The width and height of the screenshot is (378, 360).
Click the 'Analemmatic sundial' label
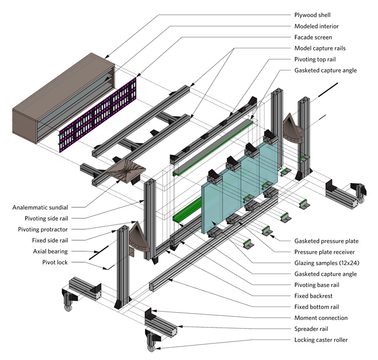tap(40, 208)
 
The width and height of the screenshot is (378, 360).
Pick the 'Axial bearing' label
tap(48, 251)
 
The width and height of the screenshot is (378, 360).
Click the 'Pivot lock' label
tap(55, 263)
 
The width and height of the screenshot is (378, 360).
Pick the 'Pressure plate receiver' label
tap(328, 252)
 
